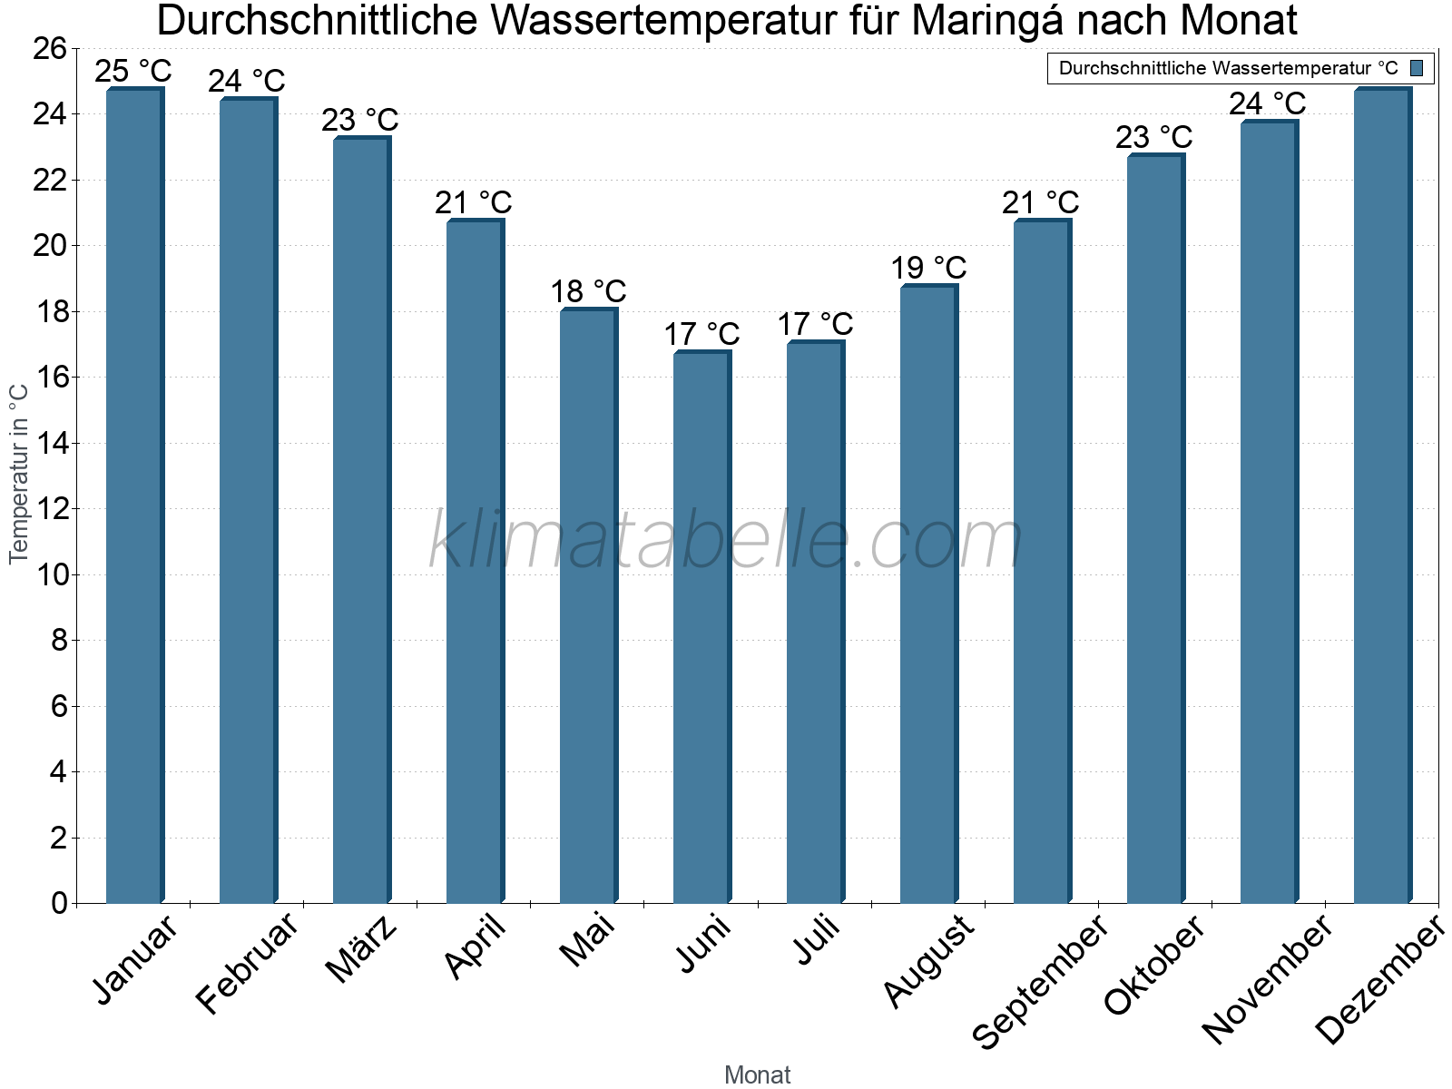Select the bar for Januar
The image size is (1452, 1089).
tap(134, 495)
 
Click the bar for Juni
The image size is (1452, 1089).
tap(701, 628)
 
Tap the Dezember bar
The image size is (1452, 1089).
tap(1382, 495)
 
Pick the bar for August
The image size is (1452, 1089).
tap(928, 594)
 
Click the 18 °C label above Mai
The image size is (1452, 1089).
tap(588, 291)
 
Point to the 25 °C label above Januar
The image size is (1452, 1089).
tap(132, 70)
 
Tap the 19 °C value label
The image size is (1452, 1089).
tap(928, 268)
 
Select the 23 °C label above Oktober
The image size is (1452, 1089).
tap(1153, 137)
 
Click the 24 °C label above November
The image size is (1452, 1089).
tap(1267, 103)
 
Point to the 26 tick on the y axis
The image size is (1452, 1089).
tap(50, 48)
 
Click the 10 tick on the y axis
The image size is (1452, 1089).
tap(50, 574)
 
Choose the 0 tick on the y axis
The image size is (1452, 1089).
tap(59, 903)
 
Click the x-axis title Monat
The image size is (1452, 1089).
tap(757, 1074)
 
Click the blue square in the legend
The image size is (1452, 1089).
tap(1417, 68)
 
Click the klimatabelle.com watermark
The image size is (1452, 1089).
tap(726, 541)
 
